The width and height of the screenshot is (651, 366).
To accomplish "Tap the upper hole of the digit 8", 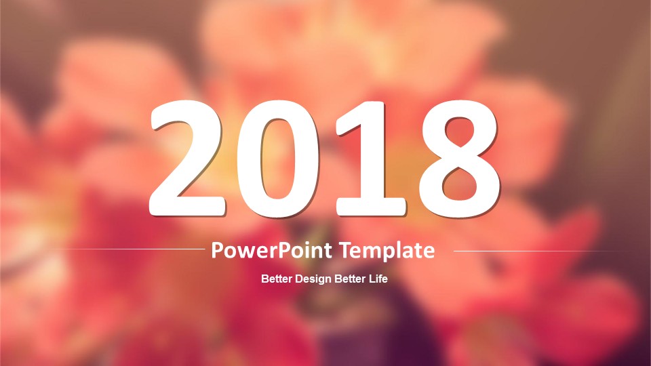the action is [459, 132].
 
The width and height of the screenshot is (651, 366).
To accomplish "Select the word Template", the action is [387, 251].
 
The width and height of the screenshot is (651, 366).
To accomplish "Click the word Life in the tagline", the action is [378, 279].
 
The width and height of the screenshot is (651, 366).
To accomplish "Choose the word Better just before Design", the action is [277, 279].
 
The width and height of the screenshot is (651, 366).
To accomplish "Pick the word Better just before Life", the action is [351, 279].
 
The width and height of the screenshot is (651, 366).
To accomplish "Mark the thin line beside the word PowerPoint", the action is [130, 249].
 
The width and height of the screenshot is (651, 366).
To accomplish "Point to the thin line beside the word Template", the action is [544, 251].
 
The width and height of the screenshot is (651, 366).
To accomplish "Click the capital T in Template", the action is [346, 250].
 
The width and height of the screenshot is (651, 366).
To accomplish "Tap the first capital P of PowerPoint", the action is [217, 250].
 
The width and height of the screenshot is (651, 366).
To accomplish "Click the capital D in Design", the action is [298, 279].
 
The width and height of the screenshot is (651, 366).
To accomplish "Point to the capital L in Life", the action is [372, 279].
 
